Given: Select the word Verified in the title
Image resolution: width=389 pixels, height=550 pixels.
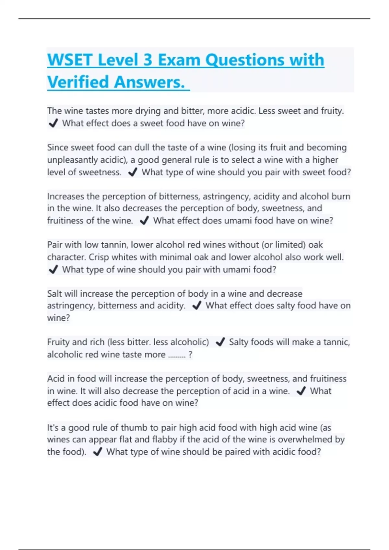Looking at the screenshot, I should [x=78, y=82].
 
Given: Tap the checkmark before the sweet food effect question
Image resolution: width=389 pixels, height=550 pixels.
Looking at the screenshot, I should [x=53, y=123].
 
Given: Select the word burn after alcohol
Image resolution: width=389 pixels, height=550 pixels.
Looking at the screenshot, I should [x=341, y=196].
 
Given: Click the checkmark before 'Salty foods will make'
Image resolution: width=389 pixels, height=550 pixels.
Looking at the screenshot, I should [x=220, y=342].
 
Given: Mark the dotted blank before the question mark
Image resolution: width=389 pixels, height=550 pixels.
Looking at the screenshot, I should [x=177, y=355].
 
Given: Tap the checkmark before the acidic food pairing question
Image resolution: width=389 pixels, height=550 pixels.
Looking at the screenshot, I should [x=98, y=452].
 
